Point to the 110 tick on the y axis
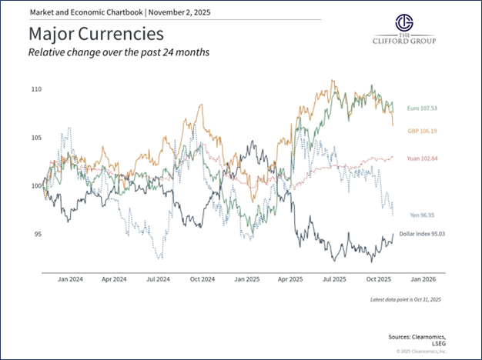(36, 89)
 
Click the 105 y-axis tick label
(36, 138)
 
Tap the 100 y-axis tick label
(36, 185)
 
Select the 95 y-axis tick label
(38, 234)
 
